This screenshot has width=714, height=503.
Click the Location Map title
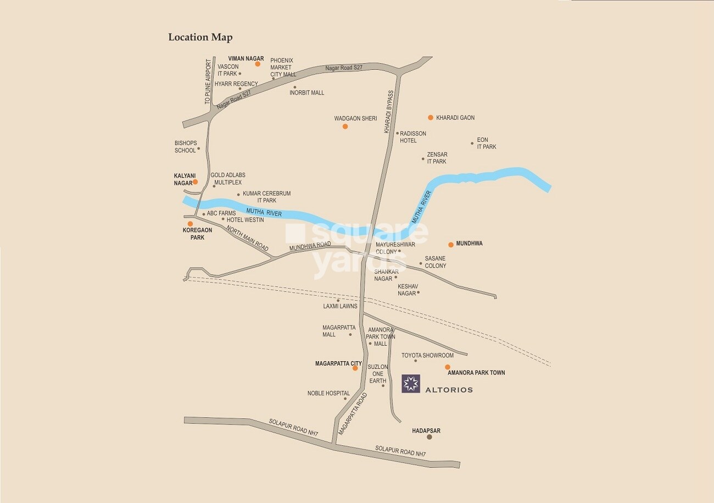pos(200,37)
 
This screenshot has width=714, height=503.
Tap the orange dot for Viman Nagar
pos(257,64)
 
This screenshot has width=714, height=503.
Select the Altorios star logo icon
pos(411,384)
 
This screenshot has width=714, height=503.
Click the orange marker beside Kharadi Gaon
pos(431,118)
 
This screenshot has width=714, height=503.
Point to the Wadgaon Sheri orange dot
pos(345,126)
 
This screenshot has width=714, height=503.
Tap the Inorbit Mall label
pos(306,92)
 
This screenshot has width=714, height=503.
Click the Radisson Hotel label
pos(412,137)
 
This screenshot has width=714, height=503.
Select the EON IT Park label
pos(486,143)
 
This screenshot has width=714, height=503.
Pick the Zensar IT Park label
pos(437,158)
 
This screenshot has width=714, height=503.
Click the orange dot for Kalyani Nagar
pos(195,182)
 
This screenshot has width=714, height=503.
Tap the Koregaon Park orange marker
pos(190,224)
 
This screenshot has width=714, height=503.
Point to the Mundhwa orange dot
pos(451,245)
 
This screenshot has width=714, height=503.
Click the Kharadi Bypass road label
pos(389,112)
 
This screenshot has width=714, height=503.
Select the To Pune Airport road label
pos(208,82)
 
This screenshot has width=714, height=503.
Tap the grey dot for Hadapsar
pos(429,438)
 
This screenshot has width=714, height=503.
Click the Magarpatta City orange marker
pos(355,368)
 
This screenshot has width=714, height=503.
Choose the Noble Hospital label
pos(328,393)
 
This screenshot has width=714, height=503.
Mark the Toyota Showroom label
pos(427,356)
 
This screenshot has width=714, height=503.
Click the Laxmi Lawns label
pos(341,306)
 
